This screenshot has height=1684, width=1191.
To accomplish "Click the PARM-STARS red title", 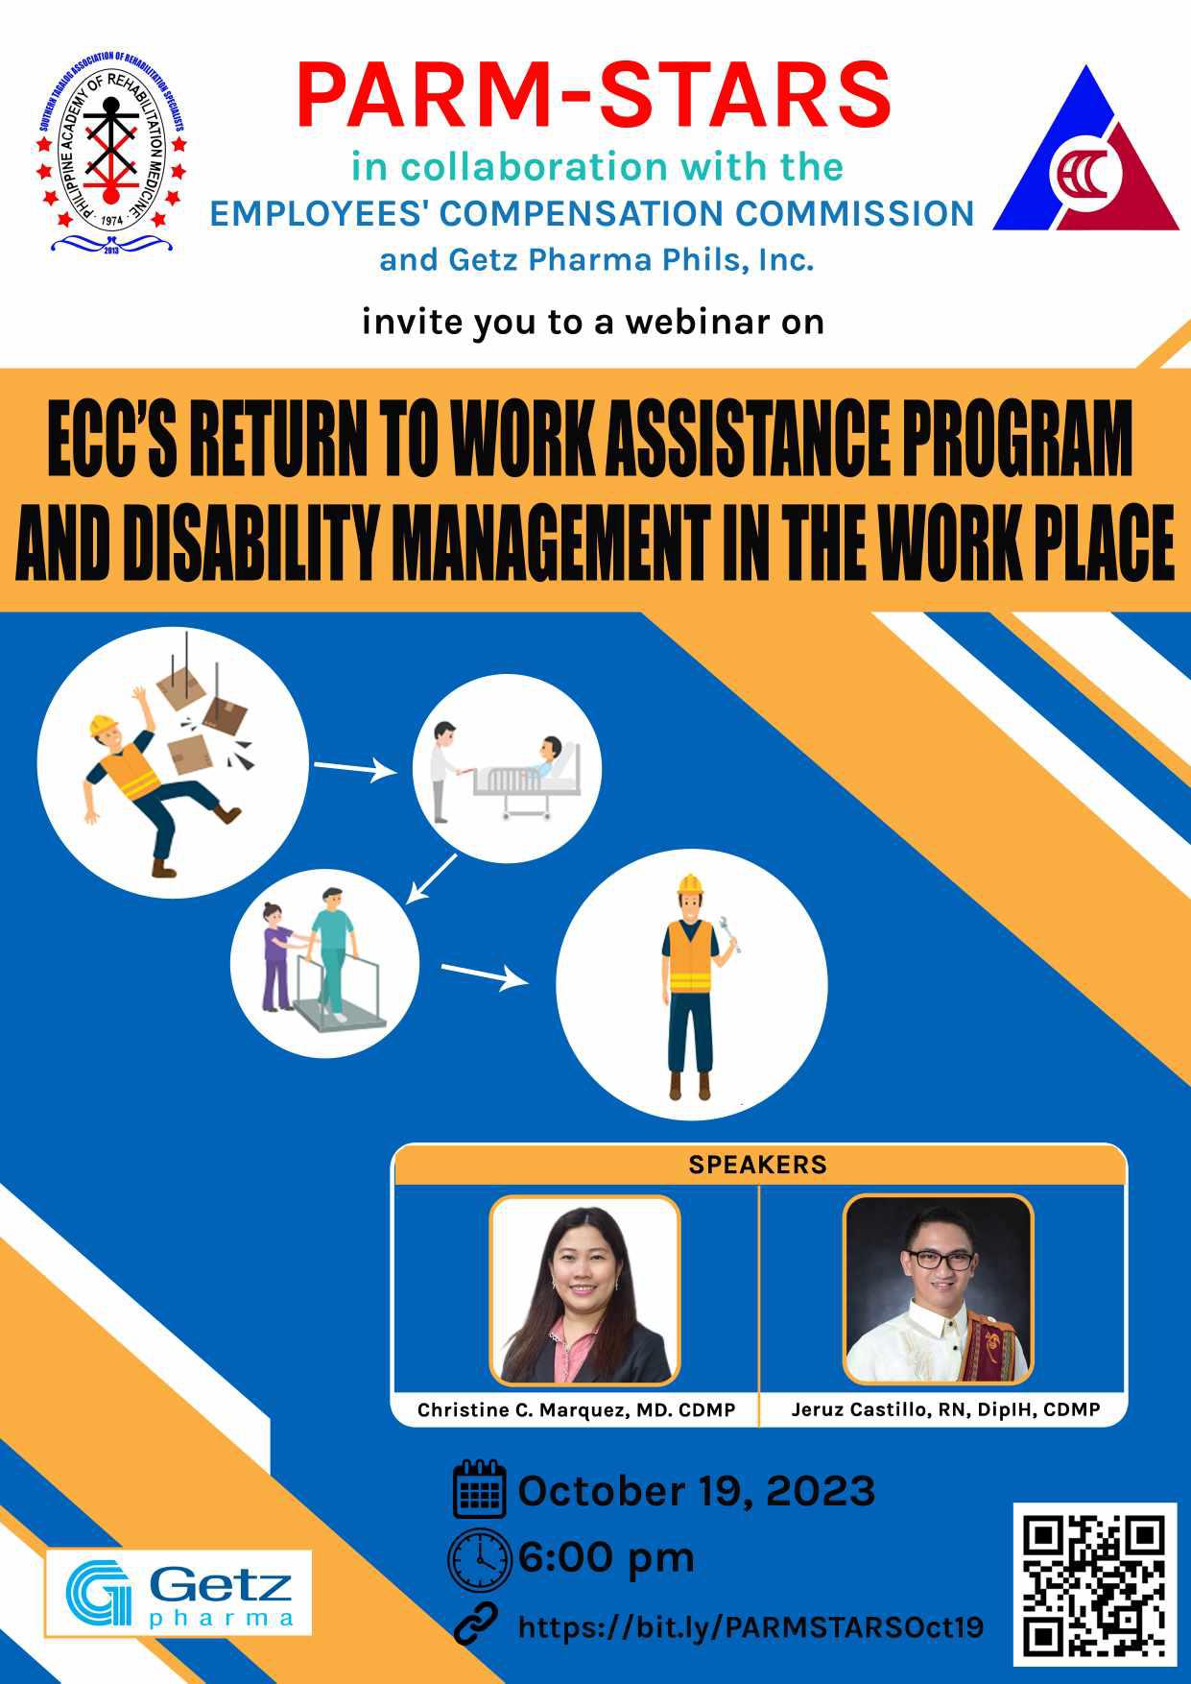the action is (594, 95).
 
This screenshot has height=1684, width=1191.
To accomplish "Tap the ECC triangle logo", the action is (1086, 150).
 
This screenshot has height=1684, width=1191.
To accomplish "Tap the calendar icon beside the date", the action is (479, 1490).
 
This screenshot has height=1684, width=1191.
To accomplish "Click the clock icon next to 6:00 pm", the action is (479, 1557).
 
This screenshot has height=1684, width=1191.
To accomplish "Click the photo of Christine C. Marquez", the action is (585, 1290).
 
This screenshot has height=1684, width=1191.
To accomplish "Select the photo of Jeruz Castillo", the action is (939, 1289).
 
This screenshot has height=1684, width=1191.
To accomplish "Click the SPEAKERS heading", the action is (757, 1166).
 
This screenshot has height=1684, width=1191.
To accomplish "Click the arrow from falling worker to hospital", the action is (355, 768).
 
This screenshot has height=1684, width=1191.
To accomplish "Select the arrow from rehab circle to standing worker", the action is (485, 974).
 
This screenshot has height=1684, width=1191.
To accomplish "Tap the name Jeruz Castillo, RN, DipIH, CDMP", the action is (945, 1410).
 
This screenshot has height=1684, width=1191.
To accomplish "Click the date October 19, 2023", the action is (697, 1492).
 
